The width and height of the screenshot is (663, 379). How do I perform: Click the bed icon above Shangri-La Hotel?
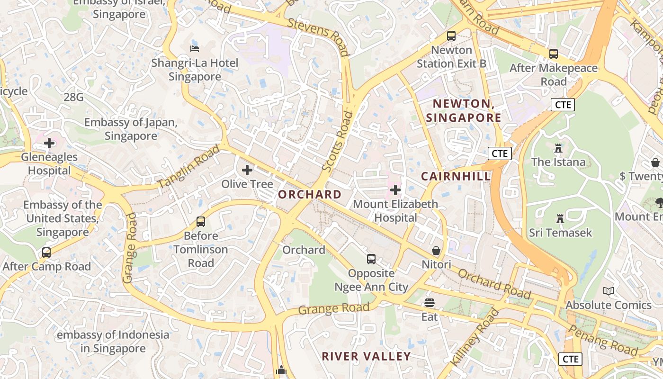point(194,48)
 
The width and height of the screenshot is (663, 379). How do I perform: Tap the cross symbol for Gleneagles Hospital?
point(49,143)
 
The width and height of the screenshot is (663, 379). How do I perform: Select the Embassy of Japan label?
point(131,129)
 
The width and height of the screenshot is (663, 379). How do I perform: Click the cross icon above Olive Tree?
point(247,170)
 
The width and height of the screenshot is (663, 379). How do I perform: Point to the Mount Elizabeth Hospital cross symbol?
point(395,190)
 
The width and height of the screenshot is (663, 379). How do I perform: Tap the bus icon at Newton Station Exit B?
point(451,36)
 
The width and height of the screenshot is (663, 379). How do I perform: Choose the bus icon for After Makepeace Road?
point(554,54)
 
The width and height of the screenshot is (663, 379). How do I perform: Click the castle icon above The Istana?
point(558,148)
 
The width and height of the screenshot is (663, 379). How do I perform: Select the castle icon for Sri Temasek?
point(560,219)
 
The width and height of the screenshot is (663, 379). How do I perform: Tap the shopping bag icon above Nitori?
point(436,251)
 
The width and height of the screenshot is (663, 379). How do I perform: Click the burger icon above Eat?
point(430,303)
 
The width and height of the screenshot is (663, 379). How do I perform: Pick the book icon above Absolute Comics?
point(609,291)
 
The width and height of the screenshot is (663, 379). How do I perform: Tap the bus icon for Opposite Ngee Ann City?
point(371,259)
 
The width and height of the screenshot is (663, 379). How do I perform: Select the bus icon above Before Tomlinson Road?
point(201,222)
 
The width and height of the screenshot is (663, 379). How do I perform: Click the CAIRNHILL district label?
point(456,176)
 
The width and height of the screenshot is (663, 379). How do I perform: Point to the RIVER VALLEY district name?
point(366,356)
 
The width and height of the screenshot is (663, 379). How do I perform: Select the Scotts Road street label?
point(337,141)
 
